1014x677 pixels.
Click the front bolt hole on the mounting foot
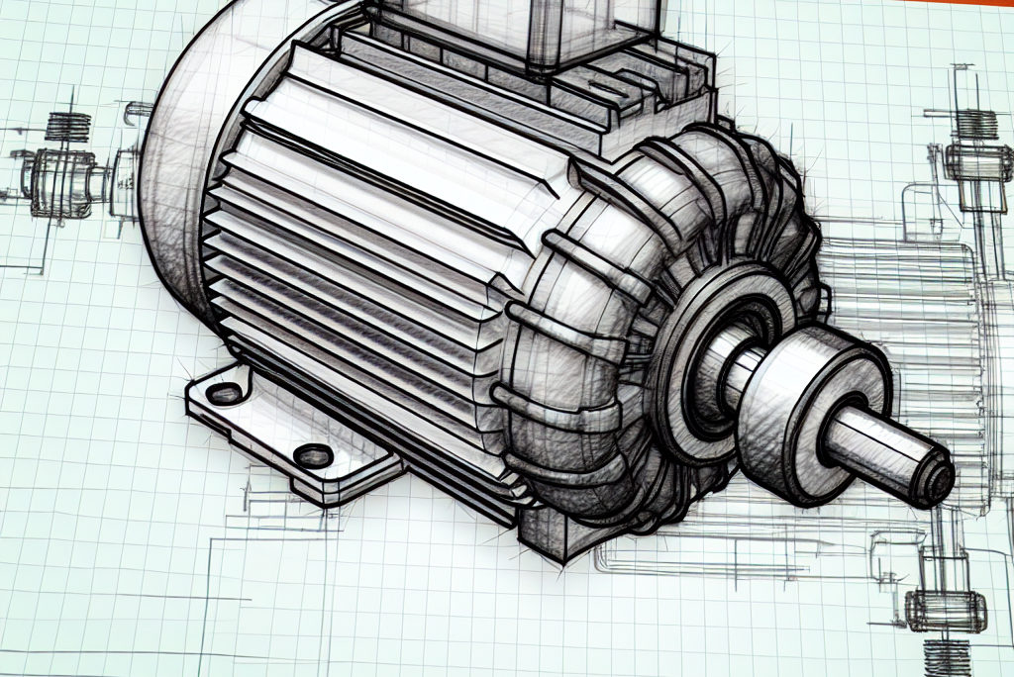point(314,456)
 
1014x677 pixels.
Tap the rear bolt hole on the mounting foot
point(225,393)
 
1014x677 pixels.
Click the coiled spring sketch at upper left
point(68,126)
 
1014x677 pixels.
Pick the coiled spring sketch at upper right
point(975,124)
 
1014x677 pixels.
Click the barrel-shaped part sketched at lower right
point(945,610)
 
